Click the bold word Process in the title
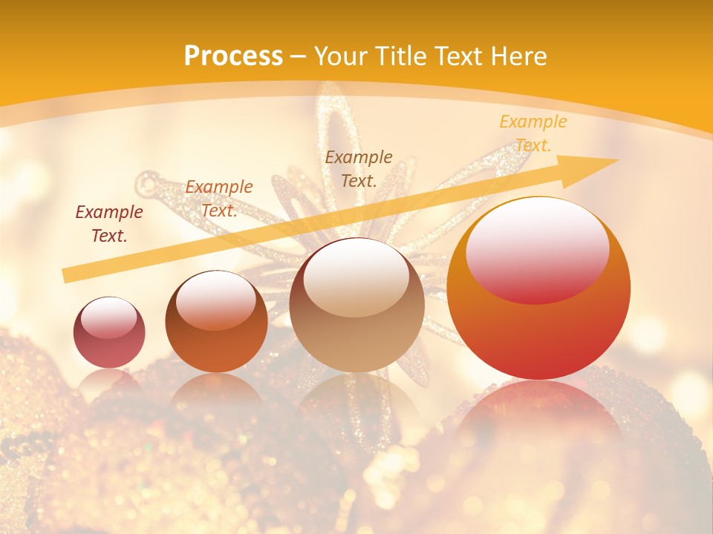[233, 56]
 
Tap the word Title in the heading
[401, 56]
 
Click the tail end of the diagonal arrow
[67, 276]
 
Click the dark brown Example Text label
[359, 168]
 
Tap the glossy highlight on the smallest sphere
[108, 317]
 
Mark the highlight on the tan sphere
[356, 277]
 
